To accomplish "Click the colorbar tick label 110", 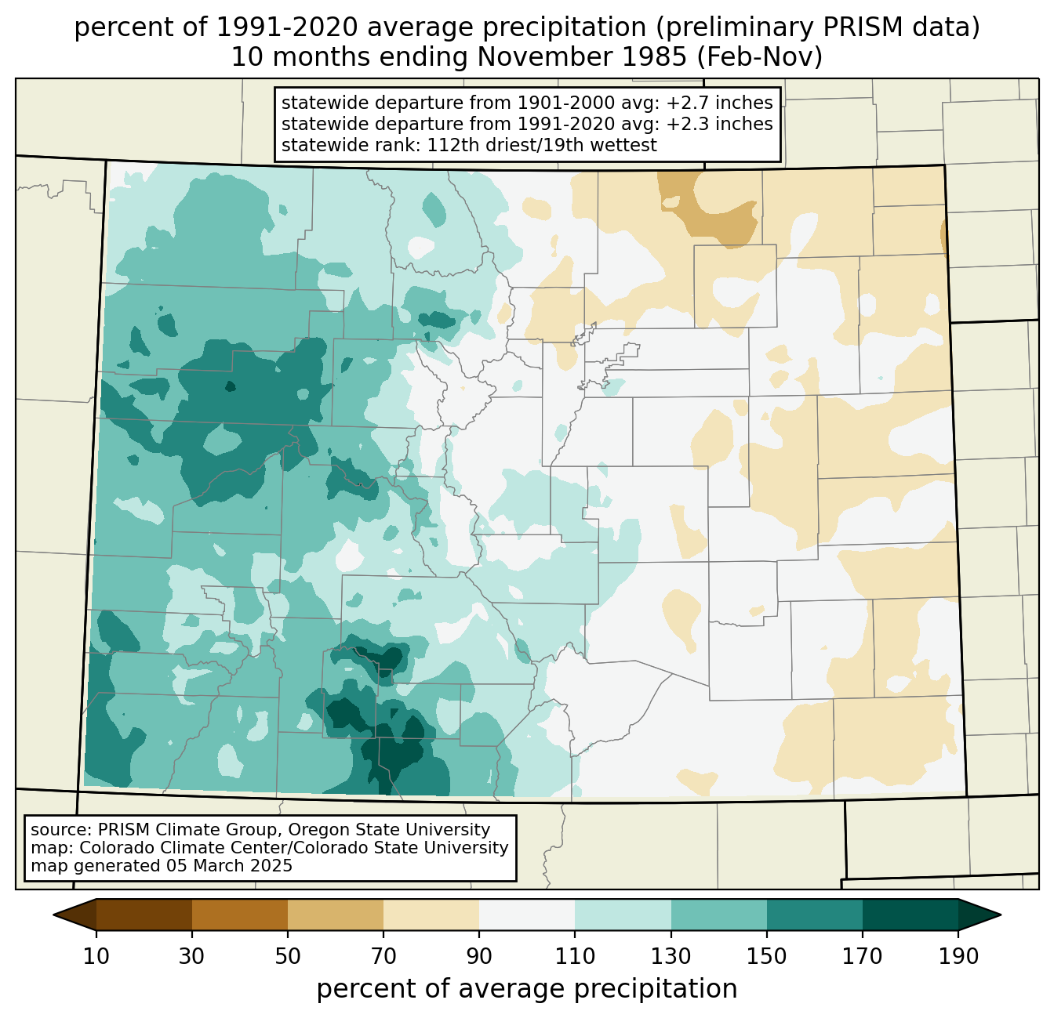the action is click(x=575, y=956).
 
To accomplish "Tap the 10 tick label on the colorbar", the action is click(x=96, y=956).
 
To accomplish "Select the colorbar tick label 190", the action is click(x=958, y=956).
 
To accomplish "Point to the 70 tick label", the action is click(x=383, y=956).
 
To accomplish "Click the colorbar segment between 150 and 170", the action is click(x=814, y=915).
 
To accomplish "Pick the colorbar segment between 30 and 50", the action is click(x=239, y=915).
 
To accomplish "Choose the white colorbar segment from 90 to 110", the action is click(x=527, y=915).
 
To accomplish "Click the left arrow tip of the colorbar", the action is click(x=53, y=915).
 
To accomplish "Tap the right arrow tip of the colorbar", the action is click(x=1001, y=915).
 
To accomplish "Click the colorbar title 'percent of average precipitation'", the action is click(x=526, y=989).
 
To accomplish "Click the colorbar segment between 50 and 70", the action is click(x=336, y=915).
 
